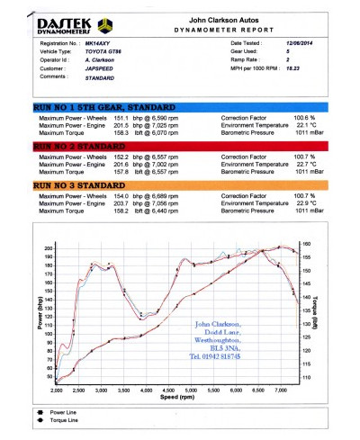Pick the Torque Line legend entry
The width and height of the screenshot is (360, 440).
coord(63,421)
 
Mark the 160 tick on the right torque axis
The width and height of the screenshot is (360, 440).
coord(307,244)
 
